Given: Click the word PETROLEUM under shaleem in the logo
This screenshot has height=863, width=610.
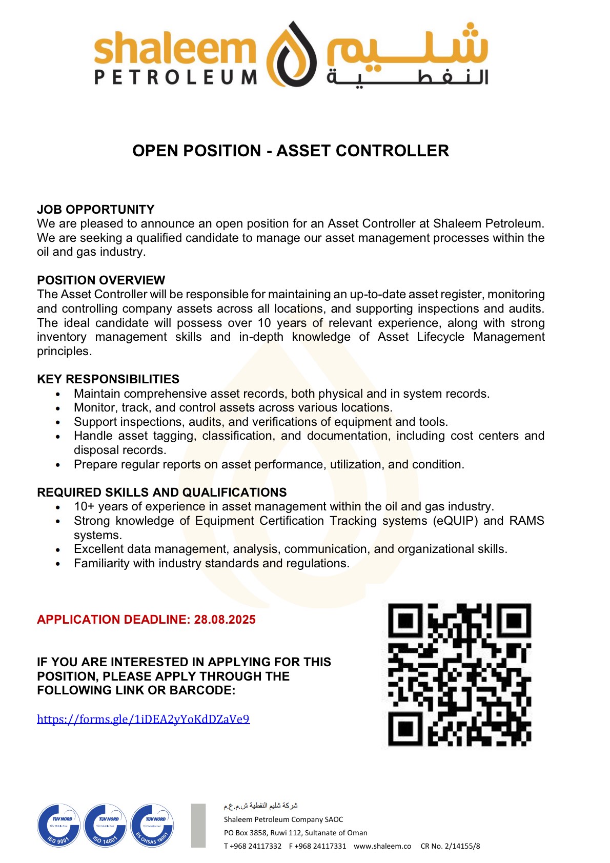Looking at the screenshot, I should pyautogui.click(x=175, y=77).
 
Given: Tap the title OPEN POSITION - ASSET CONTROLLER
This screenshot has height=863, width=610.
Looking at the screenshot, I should pyautogui.click(x=290, y=151).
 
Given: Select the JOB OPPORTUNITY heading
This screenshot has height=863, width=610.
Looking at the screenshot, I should pyautogui.click(x=95, y=209).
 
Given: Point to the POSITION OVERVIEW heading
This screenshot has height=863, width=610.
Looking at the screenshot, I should pyautogui.click(x=101, y=280).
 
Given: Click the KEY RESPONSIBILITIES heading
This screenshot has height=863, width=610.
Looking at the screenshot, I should pyautogui.click(x=108, y=379).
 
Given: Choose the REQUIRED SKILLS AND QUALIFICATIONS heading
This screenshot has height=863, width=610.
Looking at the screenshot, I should pyautogui.click(x=161, y=492).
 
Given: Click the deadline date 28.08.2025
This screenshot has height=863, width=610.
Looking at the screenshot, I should pyautogui.click(x=225, y=619).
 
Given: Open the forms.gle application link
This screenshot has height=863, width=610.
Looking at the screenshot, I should pyautogui.click(x=143, y=718).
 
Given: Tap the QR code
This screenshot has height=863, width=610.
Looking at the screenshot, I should pyautogui.click(x=459, y=674).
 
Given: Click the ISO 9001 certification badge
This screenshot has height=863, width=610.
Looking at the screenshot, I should pyautogui.click(x=59, y=825).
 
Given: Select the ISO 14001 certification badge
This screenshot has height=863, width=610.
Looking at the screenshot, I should pyautogui.click(x=106, y=825).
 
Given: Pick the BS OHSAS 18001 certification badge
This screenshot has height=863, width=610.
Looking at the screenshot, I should pyautogui.click(x=152, y=825).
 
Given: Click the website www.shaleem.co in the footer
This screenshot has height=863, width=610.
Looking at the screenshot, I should pyautogui.click(x=382, y=846).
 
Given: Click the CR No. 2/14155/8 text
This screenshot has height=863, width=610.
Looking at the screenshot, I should pyautogui.click(x=450, y=846).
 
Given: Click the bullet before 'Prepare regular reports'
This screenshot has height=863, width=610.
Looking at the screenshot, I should pyautogui.click(x=58, y=465).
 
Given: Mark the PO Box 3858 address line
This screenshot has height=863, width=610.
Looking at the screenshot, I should pyautogui.click(x=295, y=833).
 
